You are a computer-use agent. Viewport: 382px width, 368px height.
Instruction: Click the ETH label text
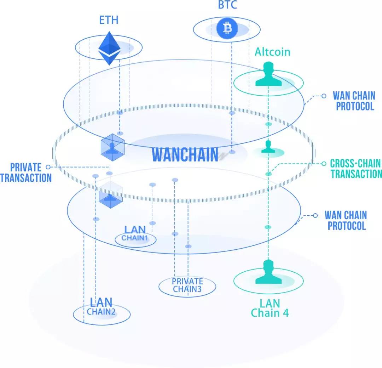[x=109, y=20]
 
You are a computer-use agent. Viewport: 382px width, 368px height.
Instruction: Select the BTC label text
[x=227, y=5]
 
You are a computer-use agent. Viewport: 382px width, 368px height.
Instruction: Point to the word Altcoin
[x=272, y=52]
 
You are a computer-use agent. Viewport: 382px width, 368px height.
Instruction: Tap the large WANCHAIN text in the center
[x=185, y=154]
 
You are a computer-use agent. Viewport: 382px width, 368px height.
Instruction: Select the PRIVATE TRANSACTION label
[x=26, y=172]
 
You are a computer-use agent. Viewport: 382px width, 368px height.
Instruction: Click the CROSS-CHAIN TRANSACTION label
[x=356, y=169]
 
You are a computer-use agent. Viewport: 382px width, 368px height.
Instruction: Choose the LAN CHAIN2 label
[x=101, y=307]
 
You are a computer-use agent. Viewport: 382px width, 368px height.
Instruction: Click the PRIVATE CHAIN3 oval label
[x=187, y=285]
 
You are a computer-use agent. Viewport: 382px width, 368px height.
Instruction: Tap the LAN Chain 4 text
[x=270, y=308]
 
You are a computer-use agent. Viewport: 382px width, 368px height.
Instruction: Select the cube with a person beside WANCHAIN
[x=112, y=146]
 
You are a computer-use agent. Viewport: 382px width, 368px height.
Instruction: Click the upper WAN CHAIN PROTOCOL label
[x=355, y=101]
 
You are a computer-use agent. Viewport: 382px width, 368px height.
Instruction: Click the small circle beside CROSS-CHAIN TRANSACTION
[x=323, y=164]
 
